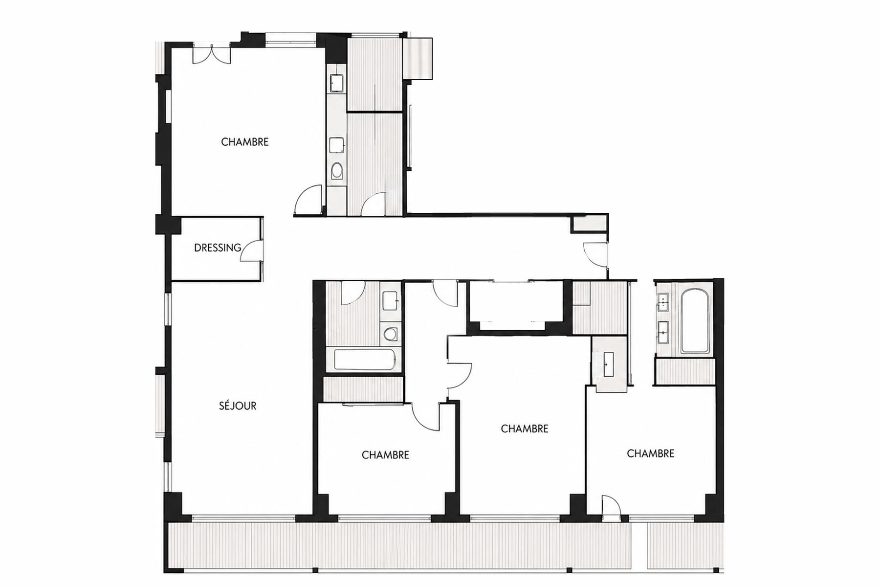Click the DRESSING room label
click(218, 248)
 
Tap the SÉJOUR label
click(238, 406)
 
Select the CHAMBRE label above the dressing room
click(245, 142)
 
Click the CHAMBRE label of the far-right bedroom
click(651, 453)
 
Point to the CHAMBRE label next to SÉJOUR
click(385, 455)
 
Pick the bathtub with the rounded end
click(694, 322)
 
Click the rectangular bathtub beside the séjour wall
click(365, 360)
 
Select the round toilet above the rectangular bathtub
click(390, 334)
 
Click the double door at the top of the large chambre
click(211, 54)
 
